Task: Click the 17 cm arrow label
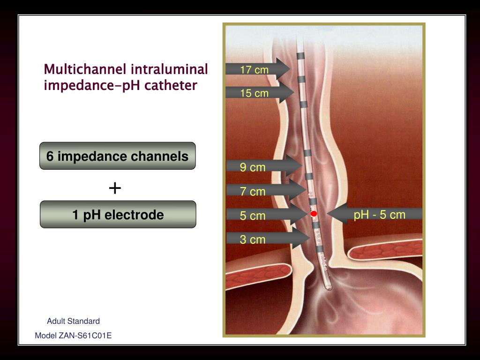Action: coord(255,70)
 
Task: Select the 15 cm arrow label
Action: coord(255,93)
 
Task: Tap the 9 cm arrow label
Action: coord(253,167)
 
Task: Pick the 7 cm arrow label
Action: coord(253,191)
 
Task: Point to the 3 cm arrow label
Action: coord(253,240)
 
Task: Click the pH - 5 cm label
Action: coord(379,215)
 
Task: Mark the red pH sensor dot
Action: coord(314,214)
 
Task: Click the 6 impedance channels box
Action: coord(117,156)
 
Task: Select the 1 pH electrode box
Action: coord(118,215)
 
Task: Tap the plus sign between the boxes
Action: coord(115,188)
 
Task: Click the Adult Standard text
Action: coord(73,321)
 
